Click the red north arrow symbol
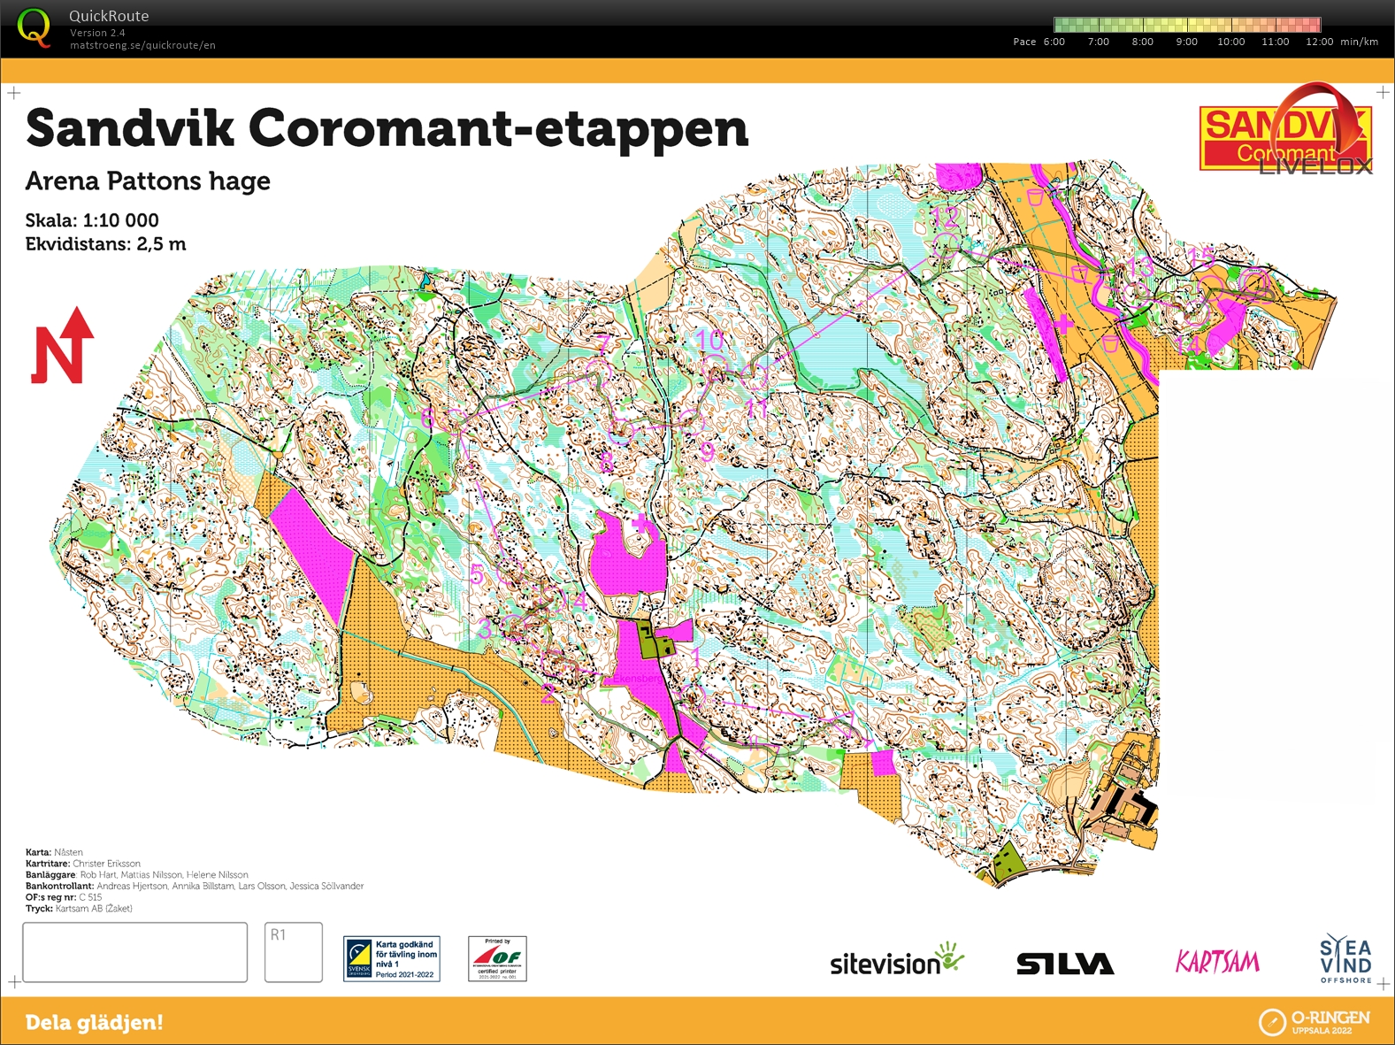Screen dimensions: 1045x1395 (x=62, y=348)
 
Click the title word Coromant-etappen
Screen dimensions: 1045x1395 (x=498, y=129)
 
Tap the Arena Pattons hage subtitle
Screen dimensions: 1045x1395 (x=148, y=181)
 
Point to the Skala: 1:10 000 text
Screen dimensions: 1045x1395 (x=92, y=220)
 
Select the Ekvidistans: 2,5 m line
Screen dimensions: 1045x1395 (x=105, y=244)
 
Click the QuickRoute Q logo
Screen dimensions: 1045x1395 (x=34, y=27)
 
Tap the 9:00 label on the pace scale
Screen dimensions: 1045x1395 (x=1186, y=42)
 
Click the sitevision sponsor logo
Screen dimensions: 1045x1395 (x=895, y=962)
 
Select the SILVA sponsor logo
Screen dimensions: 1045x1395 (x=1064, y=964)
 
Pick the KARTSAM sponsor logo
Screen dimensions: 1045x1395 (x=1217, y=962)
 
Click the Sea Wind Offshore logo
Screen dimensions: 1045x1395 (x=1345, y=960)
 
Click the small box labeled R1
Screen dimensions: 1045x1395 (x=293, y=952)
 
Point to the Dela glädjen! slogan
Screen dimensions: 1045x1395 (x=94, y=1023)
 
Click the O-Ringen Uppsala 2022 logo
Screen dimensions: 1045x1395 (x=1315, y=1022)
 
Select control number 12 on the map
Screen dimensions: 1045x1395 (x=946, y=216)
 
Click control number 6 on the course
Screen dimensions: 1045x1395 (x=428, y=418)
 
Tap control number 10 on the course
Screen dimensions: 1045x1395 (x=709, y=340)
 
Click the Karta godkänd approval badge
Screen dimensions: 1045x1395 (x=392, y=959)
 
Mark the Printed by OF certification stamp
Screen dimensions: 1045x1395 (x=497, y=959)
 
